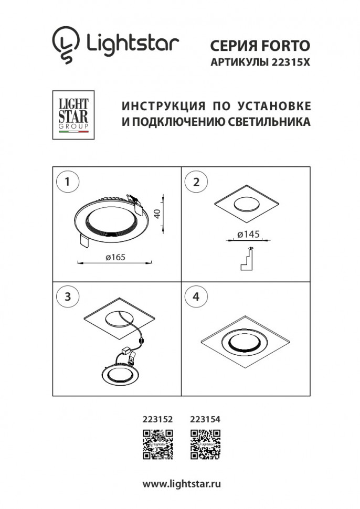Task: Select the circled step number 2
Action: [196, 182]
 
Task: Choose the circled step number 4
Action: [196, 296]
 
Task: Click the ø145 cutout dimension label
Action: [249, 235]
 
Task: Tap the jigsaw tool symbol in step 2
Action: [247, 259]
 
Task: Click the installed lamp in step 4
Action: [246, 343]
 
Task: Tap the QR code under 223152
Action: [158, 442]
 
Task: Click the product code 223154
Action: [205, 420]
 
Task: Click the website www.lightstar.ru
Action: [182, 484]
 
